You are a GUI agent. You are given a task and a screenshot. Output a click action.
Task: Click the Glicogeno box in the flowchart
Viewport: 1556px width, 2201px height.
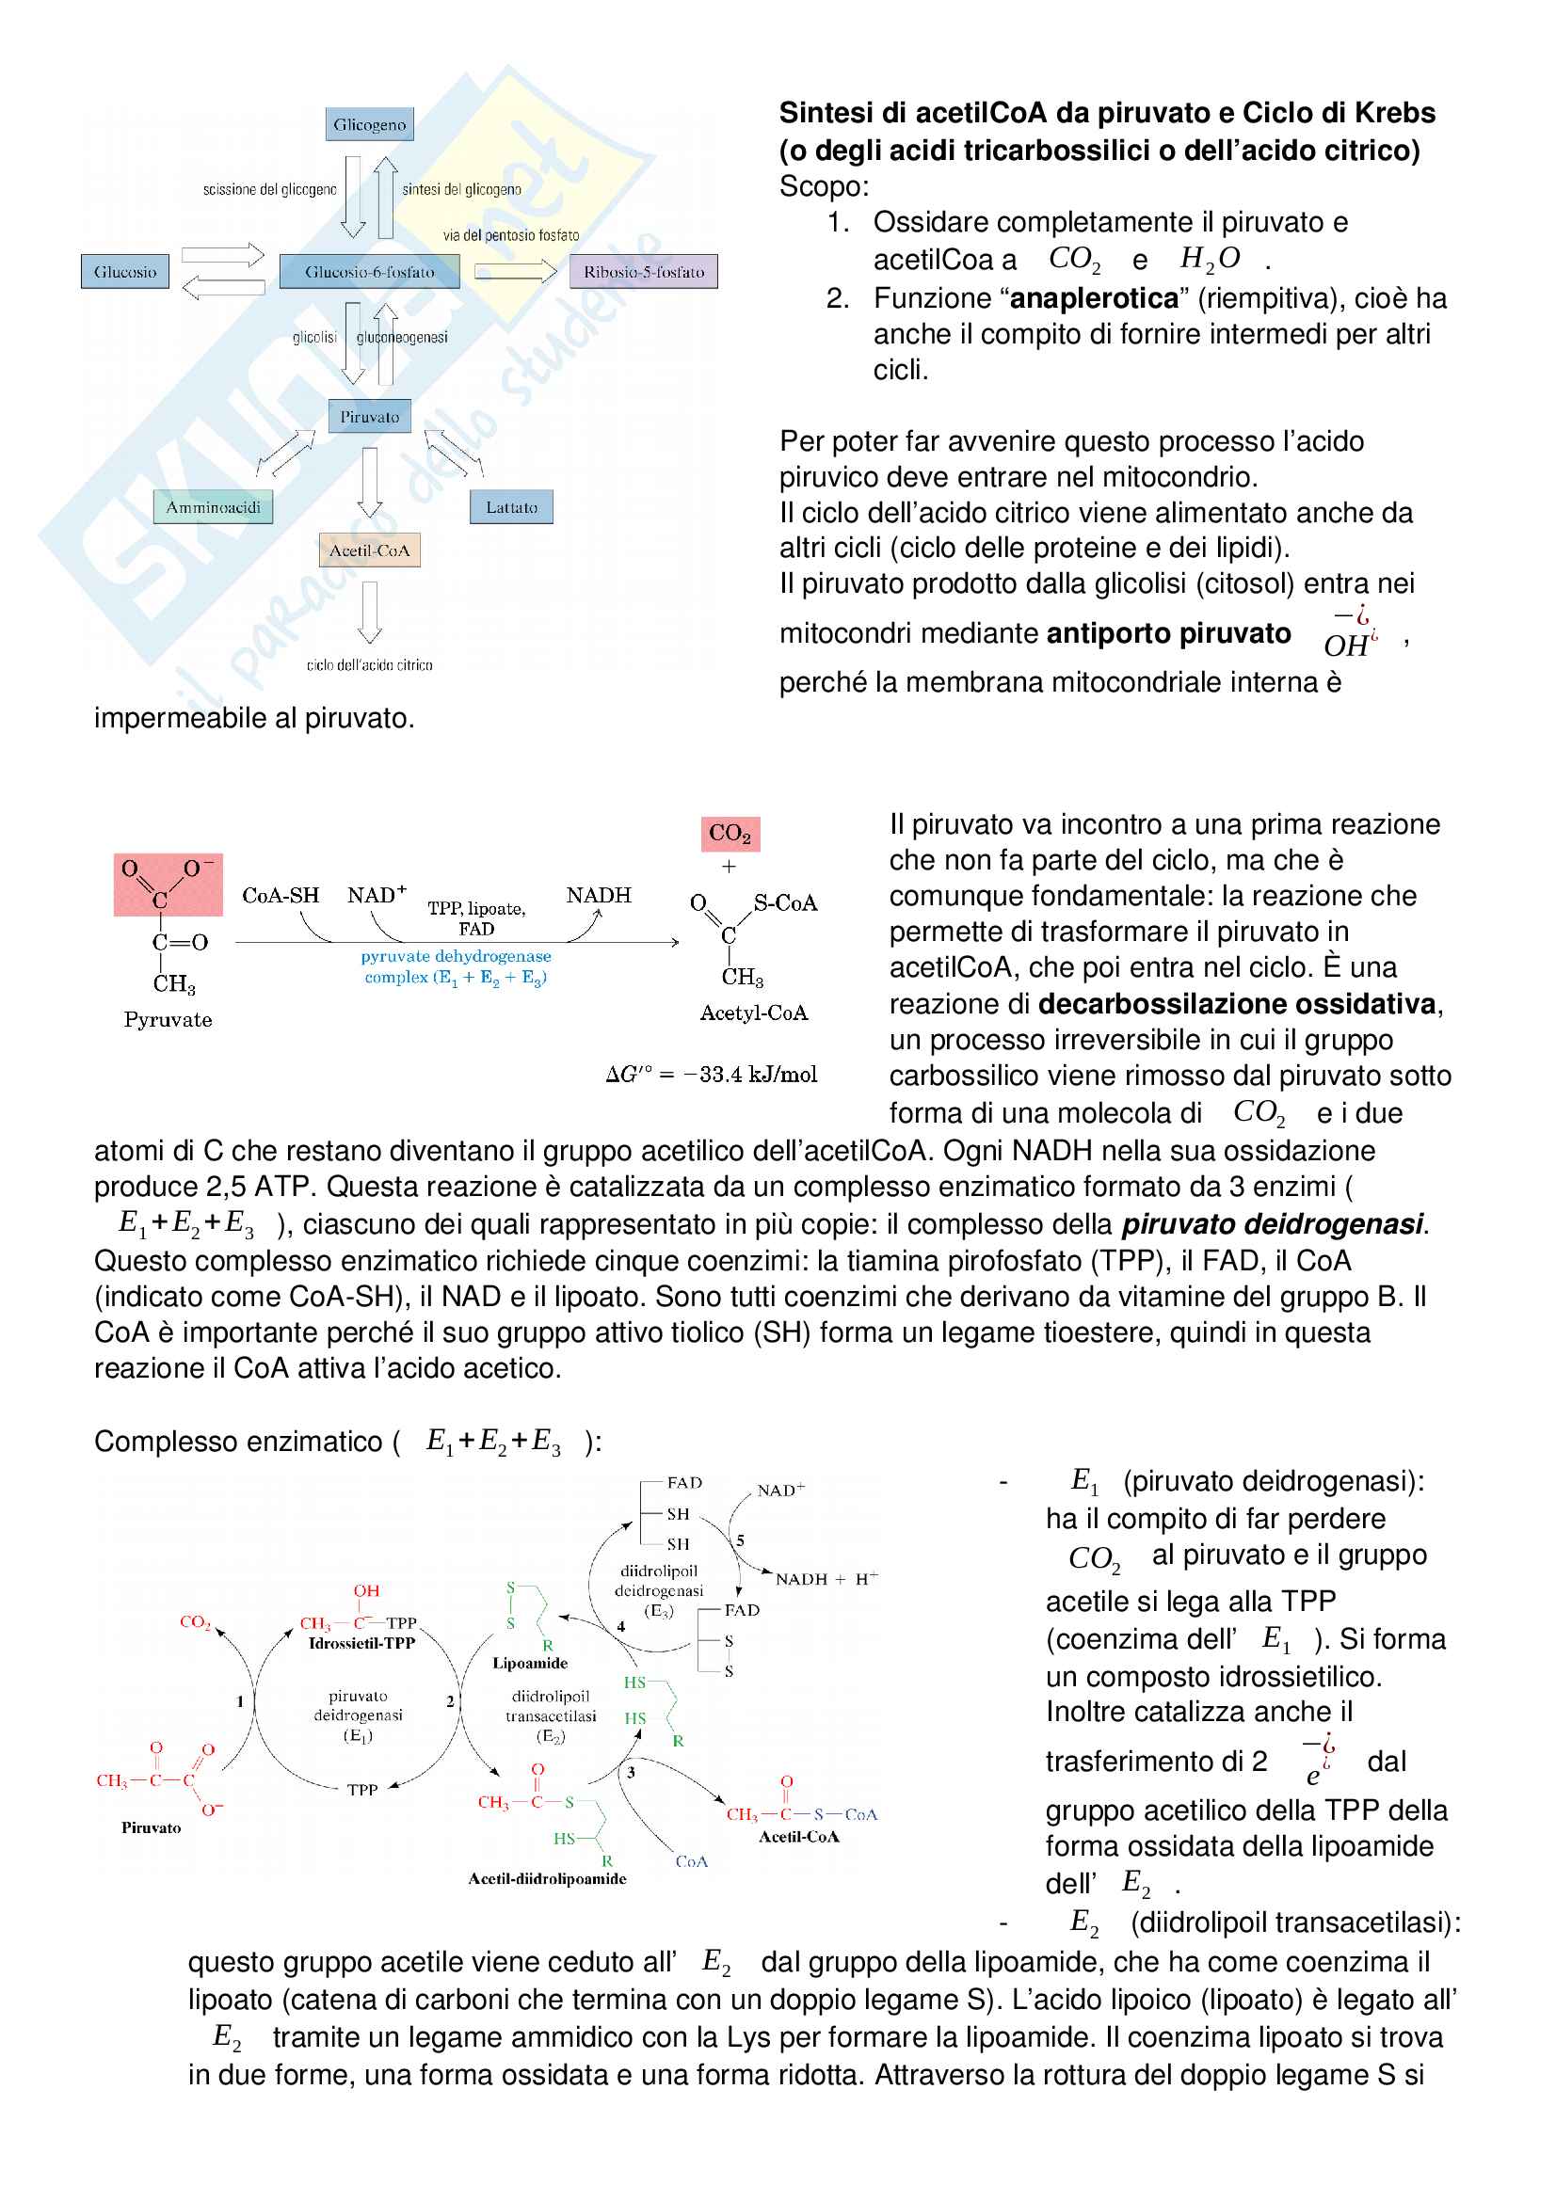coord(369,124)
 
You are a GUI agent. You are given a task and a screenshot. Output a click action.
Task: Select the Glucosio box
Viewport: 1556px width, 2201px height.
coord(124,271)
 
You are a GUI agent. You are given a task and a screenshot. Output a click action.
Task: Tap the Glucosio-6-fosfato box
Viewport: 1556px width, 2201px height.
coord(369,271)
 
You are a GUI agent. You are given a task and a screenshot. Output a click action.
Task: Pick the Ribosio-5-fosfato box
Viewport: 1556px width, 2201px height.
coord(643,271)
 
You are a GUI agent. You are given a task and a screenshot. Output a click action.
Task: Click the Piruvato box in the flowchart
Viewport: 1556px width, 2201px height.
coord(369,416)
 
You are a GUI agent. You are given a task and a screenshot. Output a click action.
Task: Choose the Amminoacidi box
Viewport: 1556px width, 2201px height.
coord(213,507)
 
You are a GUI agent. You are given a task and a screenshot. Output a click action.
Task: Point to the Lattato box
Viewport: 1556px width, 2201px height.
coord(511,507)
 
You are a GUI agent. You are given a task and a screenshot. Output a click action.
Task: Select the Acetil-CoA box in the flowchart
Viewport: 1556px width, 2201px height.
coord(369,550)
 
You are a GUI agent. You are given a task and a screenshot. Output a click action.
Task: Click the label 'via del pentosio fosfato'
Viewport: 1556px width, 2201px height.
coord(511,235)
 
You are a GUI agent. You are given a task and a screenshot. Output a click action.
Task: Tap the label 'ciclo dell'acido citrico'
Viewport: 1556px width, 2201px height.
coord(369,664)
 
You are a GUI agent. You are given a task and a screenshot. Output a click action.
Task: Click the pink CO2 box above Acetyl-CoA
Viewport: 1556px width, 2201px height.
coord(730,833)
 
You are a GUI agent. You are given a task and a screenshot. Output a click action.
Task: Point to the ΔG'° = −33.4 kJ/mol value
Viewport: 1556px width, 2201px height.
coord(712,1075)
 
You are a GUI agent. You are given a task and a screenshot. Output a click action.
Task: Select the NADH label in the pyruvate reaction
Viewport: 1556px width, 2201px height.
coord(599,895)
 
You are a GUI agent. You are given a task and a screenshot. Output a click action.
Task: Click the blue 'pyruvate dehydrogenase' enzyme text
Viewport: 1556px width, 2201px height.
coord(456,956)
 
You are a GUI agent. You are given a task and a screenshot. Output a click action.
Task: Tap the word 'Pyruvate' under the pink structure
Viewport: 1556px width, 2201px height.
coord(168,1019)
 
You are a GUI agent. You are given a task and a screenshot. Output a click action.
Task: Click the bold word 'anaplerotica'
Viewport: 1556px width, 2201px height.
coord(1094,298)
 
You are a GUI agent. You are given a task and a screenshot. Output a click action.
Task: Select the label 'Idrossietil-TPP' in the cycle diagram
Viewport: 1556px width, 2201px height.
coord(361,1643)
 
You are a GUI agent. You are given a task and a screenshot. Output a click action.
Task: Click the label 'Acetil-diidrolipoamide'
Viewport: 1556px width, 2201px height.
coord(547,1879)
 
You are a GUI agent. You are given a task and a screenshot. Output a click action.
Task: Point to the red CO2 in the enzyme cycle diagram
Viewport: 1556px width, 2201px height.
coord(195,1622)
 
